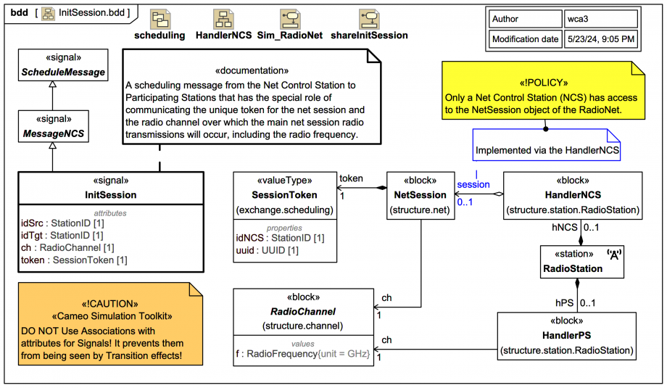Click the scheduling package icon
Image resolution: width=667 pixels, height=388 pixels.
160,20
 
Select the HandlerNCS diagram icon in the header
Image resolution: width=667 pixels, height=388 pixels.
223,20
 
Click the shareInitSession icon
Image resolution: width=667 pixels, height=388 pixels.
369,20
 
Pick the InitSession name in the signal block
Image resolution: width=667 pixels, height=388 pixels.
110,194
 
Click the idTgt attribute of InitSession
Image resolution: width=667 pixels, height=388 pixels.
62,235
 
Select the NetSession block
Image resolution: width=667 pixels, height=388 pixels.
420,194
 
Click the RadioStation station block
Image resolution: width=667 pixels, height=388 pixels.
582,262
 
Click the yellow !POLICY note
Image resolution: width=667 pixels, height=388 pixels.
542,91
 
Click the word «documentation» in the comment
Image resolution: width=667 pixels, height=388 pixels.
252,70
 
